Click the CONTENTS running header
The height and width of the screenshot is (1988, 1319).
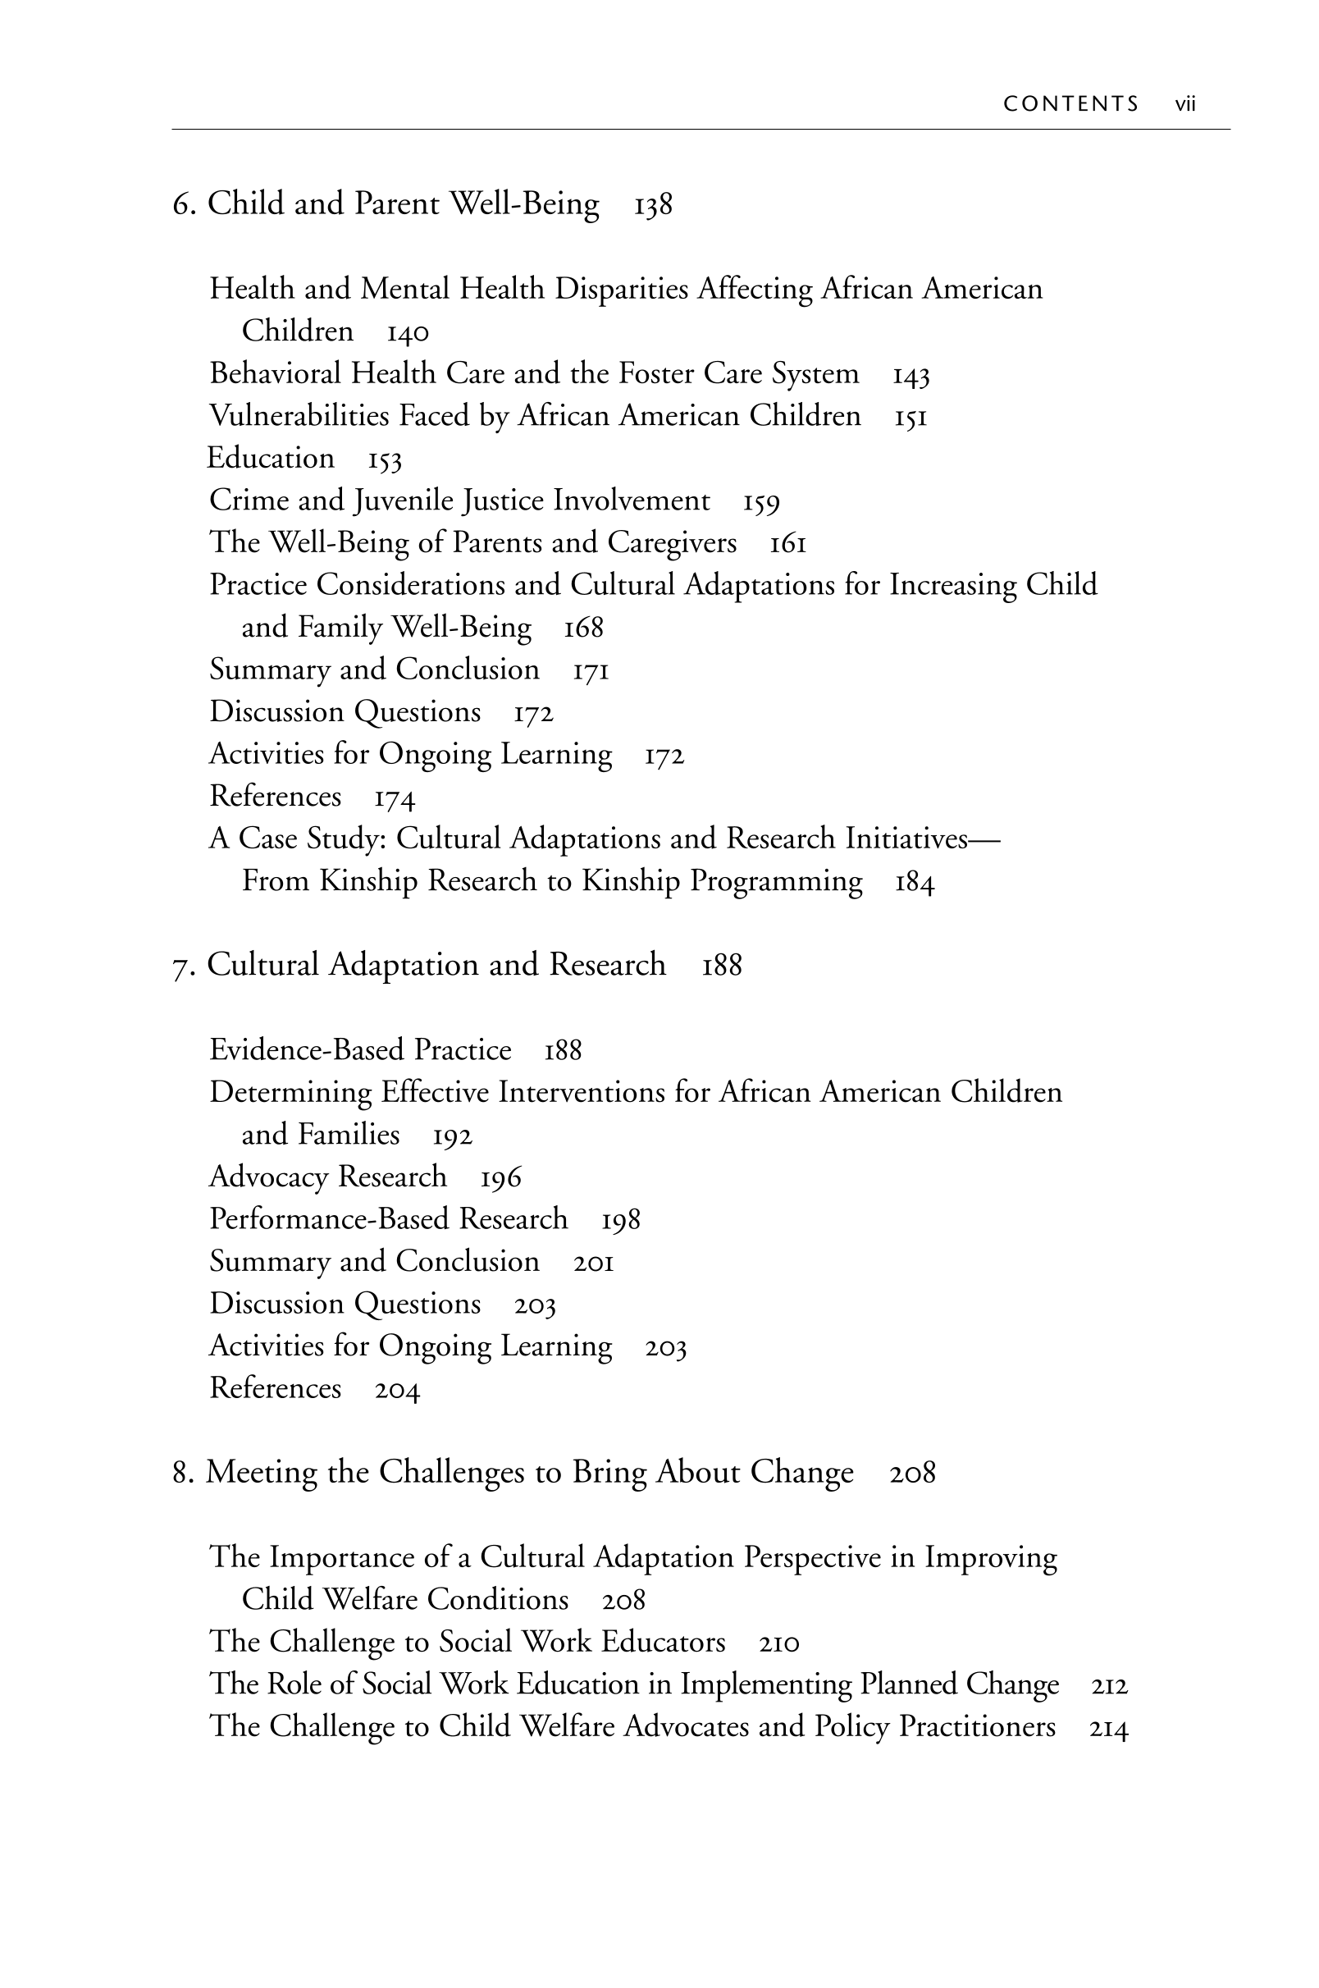point(1070,103)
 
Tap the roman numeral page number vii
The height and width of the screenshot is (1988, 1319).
point(1185,103)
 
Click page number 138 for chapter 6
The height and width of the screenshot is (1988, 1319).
point(653,204)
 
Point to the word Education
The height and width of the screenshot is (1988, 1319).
point(270,459)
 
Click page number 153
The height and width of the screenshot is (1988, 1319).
point(385,460)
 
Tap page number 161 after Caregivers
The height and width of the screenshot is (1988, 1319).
point(787,543)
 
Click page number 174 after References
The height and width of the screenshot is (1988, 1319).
point(395,797)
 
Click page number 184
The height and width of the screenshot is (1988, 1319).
point(915,883)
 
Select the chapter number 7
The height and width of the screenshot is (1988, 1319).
point(180,966)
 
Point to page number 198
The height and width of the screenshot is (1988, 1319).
point(621,1220)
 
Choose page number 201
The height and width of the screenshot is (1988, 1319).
point(593,1262)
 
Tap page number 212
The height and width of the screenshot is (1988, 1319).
point(1109,1685)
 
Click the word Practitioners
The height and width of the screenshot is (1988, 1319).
point(977,1726)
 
